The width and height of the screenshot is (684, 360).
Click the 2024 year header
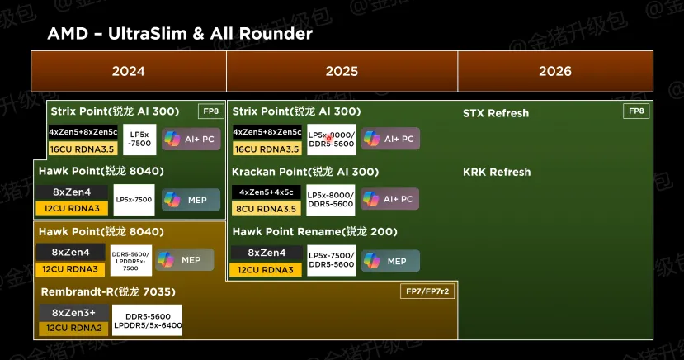128,71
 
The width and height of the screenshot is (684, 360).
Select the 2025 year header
342,71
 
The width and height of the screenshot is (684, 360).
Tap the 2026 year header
554,71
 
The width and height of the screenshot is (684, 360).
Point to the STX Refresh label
496,112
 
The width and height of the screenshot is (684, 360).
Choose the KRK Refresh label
497,172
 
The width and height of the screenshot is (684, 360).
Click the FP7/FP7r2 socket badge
429,291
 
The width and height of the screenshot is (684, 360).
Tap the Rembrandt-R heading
107,291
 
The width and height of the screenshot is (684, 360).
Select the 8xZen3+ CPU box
73,313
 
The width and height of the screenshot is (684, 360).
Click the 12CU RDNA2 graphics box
73,328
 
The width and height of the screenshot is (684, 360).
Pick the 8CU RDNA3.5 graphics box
266,207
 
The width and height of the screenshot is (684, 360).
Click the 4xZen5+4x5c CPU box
266,192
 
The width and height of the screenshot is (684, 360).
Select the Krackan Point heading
305,172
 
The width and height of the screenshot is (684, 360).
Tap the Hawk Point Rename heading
314,231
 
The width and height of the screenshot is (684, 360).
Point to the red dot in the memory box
329,137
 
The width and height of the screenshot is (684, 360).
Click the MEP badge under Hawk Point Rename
389,261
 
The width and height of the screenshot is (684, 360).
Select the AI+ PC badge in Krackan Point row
389,199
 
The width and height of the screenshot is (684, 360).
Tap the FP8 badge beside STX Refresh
636,111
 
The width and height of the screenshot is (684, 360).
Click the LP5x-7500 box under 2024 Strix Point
139,139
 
